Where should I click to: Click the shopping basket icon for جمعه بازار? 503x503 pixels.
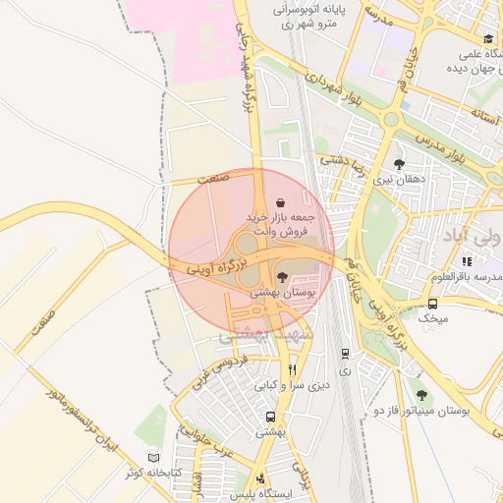pyautogui.click(x=283, y=196)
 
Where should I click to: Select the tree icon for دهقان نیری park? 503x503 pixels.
pyautogui.click(x=399, y=164)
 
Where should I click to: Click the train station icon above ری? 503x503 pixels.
pyautogui.click(x=344, y=354)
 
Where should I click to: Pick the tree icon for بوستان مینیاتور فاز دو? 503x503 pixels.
pyautogui.click(x=422, y=395)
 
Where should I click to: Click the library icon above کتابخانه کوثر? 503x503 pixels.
pyautogui.click(x=151, y=457)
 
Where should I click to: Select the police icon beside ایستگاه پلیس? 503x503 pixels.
pyautogui.click(x=259, y=479)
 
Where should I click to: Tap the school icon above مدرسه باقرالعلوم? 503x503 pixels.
pyautogui.click(x=468, y=261)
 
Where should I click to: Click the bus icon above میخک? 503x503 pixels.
pyautogui.click(x=432, y=304)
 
